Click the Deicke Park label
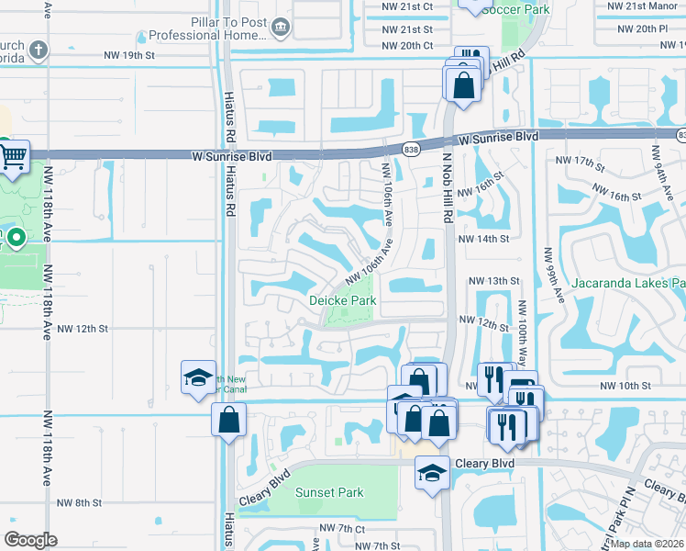point(342,300)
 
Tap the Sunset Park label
point(329,492)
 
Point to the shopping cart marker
point(13,158)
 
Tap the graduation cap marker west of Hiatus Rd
point(197,377)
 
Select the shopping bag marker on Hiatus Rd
point(227,421)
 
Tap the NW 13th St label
point(493,281)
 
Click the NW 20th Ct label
point(407,45)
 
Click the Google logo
point(30,540)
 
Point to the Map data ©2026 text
point(647,544)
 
